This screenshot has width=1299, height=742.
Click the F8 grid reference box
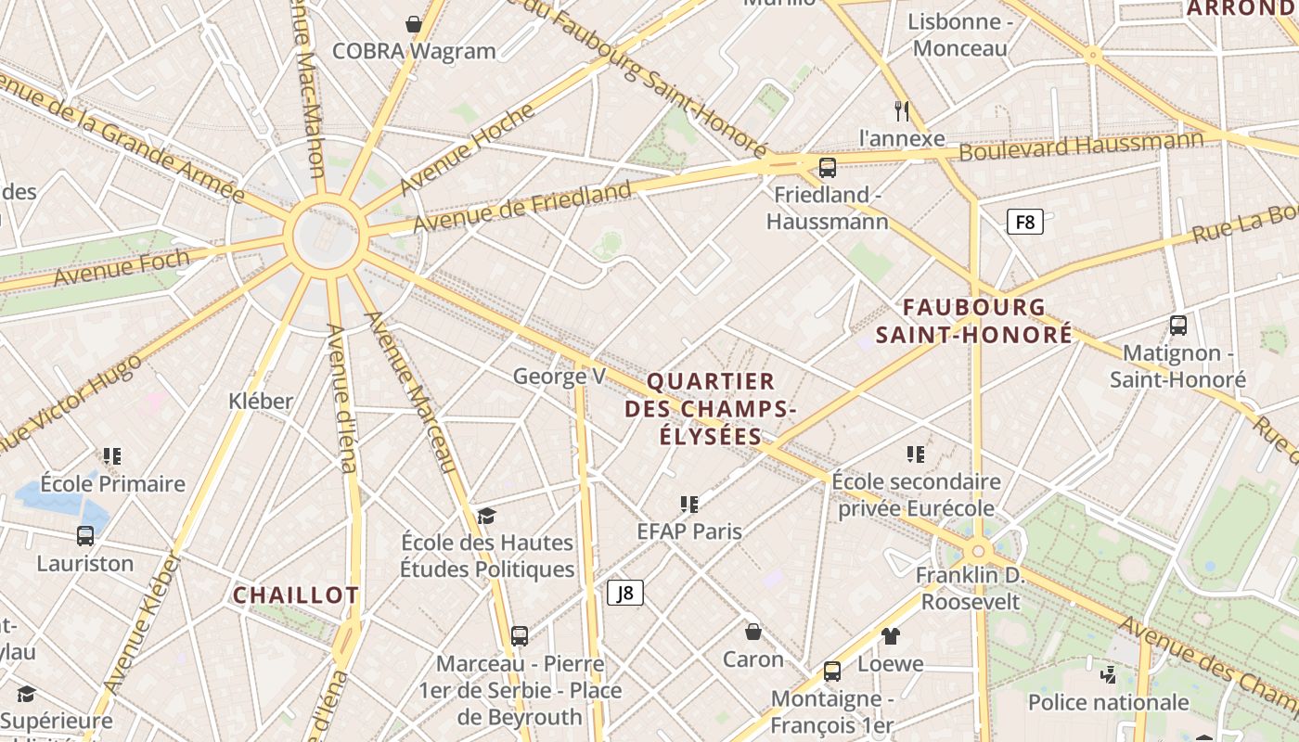pyautogui.click(x=1025, y=222)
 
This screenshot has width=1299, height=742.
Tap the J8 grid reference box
pyautogui.click(x=625, y=593)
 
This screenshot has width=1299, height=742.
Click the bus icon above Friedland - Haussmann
pyautogui.click(x=827, y=168)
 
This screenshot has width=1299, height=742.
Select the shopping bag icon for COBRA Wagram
pyautogui.click(x=414, y=23)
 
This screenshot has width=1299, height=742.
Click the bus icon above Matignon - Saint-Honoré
pyautogui.click(x=1177, y=326)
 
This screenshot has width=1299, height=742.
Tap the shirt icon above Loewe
pyautogui.click(x=891, y=635)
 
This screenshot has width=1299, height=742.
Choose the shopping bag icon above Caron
pyautogui.click(x=753, y=632)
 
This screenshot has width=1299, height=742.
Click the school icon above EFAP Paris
pyautogui.click(x=688, y=504)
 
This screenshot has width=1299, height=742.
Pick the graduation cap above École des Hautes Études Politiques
pyautogui.click(x=486, y=516)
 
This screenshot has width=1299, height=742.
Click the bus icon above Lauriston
pyautogui.click(x=85, y=535)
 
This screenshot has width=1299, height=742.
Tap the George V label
pyautogui.click(x=559, y=376)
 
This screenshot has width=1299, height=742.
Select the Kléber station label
pyautogui.click(x=261, y=401)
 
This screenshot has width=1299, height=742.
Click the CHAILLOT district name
pyautogui.click(x=295, y=595)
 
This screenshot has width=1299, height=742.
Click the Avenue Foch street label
pyautogui.click(x=121, y=268)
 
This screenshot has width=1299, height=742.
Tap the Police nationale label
pyautogui.click(x=1108, y=702)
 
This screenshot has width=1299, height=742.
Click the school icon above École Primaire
pyautogui.click(x=112, y=455)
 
